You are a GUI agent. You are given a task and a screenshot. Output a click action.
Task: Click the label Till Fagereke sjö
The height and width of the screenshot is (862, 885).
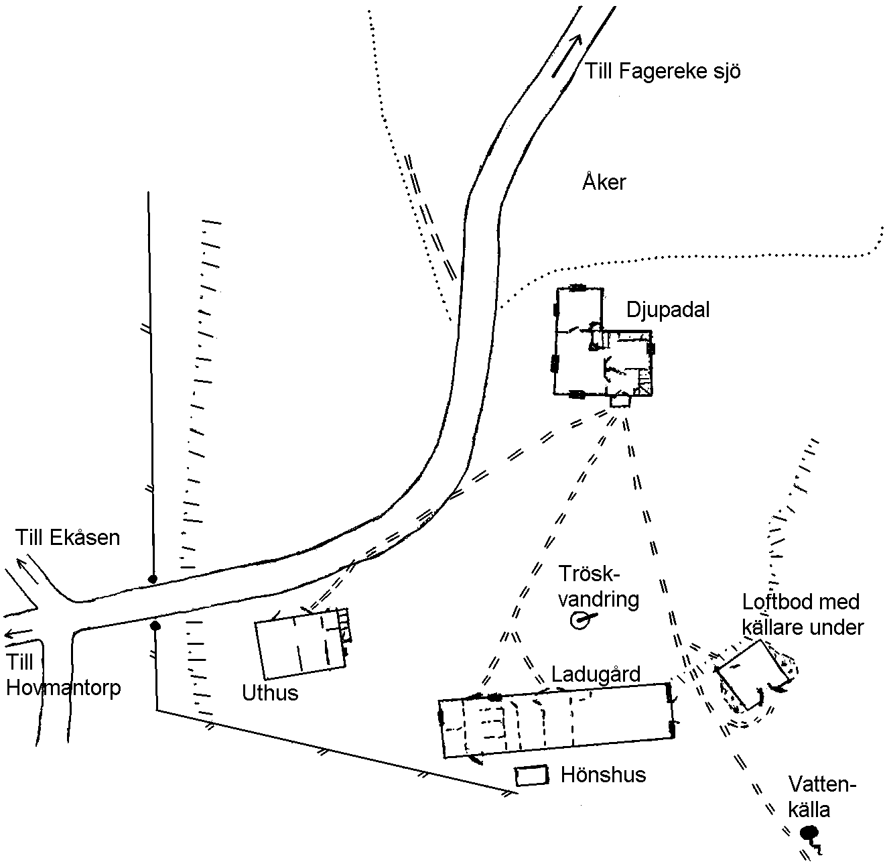point(662,72)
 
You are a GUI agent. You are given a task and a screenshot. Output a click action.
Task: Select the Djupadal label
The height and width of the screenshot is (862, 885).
point(668,310)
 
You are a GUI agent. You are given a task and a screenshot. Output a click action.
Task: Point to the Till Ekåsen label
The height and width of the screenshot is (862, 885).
point(68,538)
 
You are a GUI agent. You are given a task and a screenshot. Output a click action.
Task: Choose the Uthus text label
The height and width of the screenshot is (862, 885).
point(270,693)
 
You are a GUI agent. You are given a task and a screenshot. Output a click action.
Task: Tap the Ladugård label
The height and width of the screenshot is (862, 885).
point(596,674)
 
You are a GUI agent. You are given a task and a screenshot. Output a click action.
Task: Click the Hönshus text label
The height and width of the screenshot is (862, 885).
point(603,775)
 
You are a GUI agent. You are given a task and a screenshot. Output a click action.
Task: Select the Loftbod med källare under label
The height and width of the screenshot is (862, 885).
point(803,615)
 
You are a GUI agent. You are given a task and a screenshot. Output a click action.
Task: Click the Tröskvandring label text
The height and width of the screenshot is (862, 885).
point(598,587)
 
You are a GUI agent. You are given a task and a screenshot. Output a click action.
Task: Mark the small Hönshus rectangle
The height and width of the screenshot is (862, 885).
point(531,775)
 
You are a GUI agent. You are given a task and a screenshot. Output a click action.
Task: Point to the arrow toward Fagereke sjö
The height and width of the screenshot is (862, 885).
point(567,56)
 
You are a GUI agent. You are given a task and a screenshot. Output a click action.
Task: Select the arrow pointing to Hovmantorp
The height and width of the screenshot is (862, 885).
point(18,633)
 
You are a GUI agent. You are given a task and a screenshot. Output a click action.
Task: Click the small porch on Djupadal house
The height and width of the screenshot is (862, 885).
point(620,401)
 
